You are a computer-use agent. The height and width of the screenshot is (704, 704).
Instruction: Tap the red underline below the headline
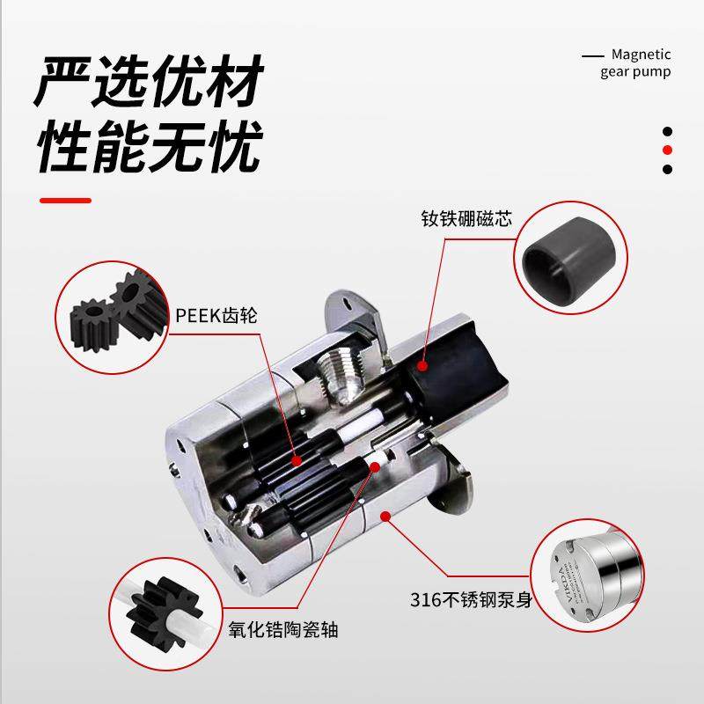tap(66, 201)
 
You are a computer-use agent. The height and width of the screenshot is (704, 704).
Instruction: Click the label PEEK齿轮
tap(216, 315)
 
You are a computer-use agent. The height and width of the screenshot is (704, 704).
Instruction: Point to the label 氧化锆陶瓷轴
tap(283, 630)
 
